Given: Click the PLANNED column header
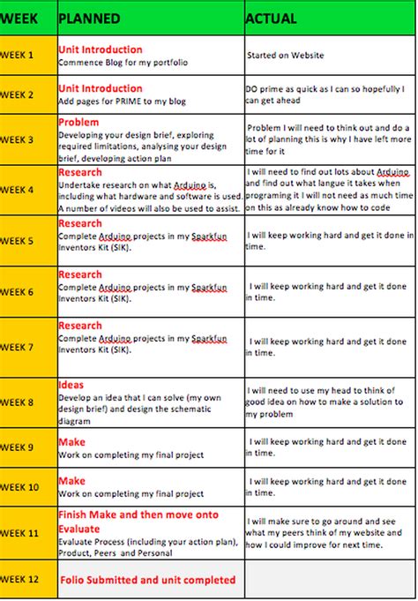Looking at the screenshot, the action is pos(85,19).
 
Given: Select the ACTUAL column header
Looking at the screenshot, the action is pos(271,19).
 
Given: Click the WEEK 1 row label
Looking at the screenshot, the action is pos(18,55).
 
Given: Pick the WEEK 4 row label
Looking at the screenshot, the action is pos(18,190).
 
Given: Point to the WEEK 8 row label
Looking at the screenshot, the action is pos(18,402).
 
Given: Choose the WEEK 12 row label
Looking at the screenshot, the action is pos(19,579).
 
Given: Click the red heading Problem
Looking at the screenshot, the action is pos(78,122).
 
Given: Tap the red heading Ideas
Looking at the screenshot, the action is pos(71,385).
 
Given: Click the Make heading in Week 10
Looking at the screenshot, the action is pos(71,481).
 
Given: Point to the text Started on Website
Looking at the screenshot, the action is pos(287,56).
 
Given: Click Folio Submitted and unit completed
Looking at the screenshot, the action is pos(148,580).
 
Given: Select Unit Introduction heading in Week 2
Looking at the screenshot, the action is pos(100,88).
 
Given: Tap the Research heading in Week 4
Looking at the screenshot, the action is pos(80,172).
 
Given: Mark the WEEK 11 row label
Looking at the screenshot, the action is pos(19,533).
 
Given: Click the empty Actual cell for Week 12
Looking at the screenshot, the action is pos(330,580).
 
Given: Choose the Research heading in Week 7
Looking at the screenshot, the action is pos(80,326).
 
